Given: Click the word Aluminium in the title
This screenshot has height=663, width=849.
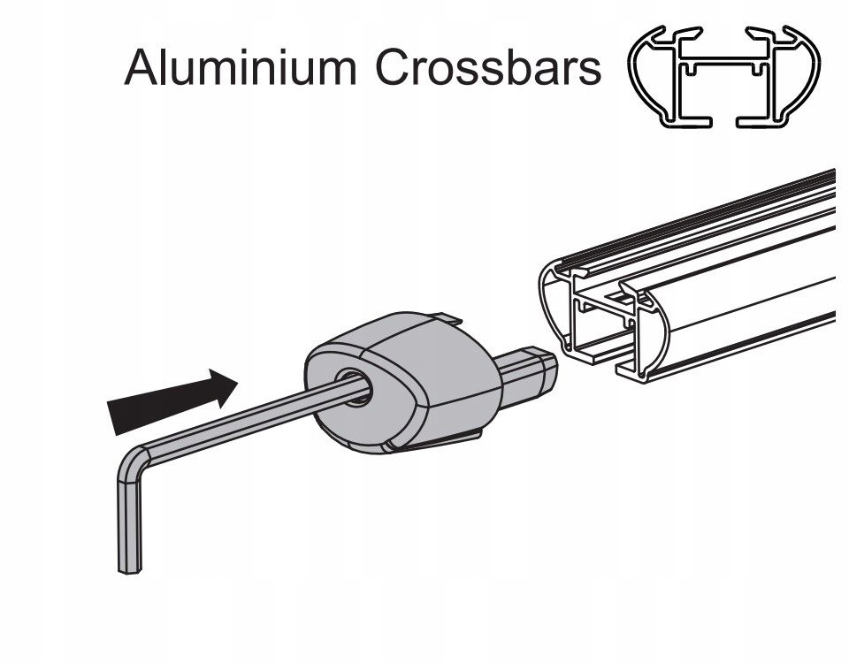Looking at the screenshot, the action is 241,67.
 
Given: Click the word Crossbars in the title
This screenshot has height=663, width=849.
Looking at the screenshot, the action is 487,67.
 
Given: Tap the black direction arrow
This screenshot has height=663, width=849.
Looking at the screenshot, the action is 172,400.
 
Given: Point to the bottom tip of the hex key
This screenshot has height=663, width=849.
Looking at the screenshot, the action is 130,571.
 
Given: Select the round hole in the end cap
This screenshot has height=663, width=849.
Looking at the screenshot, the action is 355,387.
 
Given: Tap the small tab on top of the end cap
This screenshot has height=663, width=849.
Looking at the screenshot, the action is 445,318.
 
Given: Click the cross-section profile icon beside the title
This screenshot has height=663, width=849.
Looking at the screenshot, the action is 724,76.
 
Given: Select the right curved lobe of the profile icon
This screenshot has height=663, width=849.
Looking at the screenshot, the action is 800,76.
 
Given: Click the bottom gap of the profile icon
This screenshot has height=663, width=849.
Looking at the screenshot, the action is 724,121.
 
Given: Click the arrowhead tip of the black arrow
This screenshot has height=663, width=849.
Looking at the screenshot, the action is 237,382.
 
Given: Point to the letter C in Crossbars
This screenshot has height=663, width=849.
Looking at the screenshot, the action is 392,67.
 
